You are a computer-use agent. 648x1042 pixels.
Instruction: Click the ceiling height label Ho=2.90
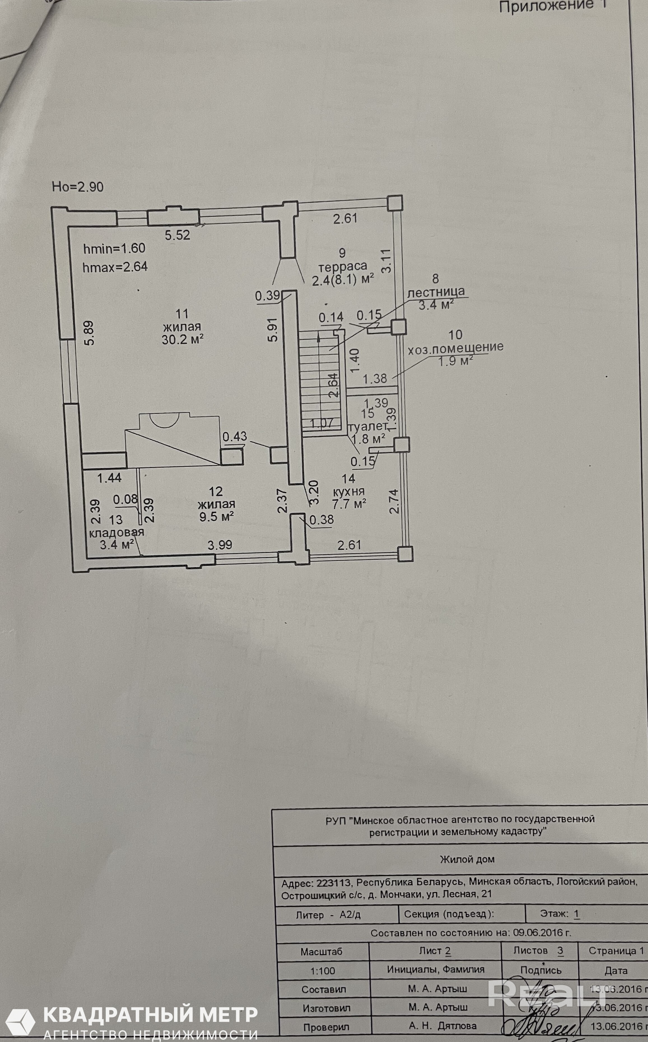pyautogui.click(x=78, y=187)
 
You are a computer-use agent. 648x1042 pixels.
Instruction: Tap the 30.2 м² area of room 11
pyautogui.click(x=182, y=339)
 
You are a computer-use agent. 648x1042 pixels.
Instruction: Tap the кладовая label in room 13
pyautogui.click(x=116, y=532)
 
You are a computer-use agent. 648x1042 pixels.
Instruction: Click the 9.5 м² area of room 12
pyautogui.click(x=217, y=517)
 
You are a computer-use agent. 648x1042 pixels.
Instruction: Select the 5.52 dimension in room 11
pyautogui.click(x=177, y=235)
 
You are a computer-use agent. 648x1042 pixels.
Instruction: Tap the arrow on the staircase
pyautogui.click(x=319, y=339)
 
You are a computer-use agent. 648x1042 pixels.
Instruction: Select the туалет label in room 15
pyautogui.click(x=368, y=427)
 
